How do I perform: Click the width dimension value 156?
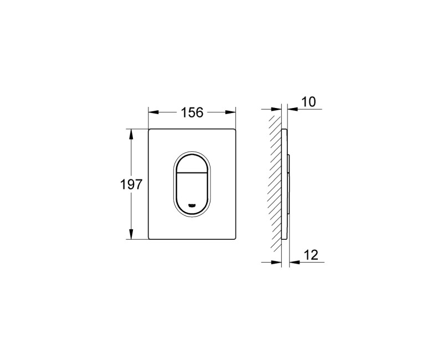tap(193, 112)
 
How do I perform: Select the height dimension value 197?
tap(131, 185)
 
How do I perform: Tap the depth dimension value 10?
tap(309, 102)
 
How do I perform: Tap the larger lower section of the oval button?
tap(193, 191)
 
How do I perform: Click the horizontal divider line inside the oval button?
tap(193, 173)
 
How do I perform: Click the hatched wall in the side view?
tap(275, 183)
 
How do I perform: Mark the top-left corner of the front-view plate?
tap(149, 130)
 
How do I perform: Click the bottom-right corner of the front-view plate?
tap(237, 239)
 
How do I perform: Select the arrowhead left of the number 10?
tap(292, 109)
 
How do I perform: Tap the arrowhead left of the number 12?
tap(293, 261)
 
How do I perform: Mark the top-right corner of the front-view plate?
tap(237, 130)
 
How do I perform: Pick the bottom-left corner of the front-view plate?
tap(149, 239)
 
